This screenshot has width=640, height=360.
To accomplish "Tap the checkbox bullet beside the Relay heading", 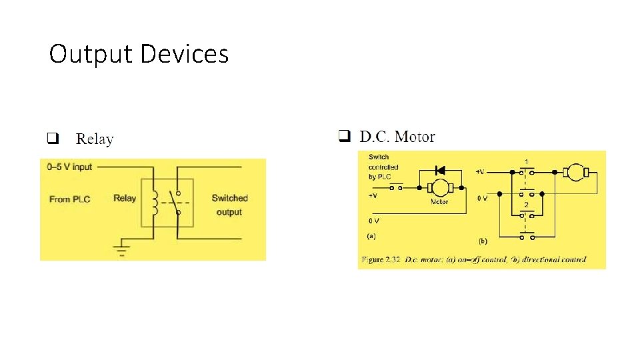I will click(52, 139).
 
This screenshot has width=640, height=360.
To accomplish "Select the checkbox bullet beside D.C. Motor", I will click(344, 137).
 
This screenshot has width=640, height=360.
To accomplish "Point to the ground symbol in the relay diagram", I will click(121, 250).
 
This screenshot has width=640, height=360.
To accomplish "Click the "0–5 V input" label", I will click(69, 167).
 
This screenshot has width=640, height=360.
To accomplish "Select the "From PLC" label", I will click(69, 199).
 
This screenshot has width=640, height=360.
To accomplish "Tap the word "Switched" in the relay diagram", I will click(229, 198).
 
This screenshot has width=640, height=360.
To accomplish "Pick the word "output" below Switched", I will click(229, 212).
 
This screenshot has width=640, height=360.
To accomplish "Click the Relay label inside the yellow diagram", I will click(125, 198).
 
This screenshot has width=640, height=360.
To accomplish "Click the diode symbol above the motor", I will click(439, 171).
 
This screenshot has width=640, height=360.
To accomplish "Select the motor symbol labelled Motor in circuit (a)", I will click(439, 187).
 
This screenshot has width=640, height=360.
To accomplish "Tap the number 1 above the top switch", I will click(527, 162).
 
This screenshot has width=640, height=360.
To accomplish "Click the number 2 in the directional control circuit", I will click(527, 204).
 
